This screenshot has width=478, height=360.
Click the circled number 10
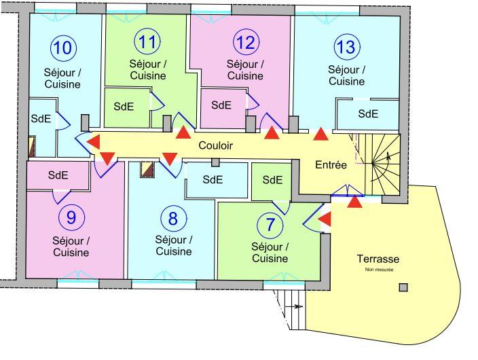click(65, 48)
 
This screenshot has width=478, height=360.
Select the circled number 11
click(147, 41)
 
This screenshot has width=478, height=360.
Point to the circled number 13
click(346, 47)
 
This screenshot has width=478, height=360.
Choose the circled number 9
click(71, 218)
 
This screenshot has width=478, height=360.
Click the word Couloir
click(216, 145)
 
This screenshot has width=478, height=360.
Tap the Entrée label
click(331, 164)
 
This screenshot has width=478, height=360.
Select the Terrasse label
click(378, 259)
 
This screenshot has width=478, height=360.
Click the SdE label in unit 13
click(368, 113)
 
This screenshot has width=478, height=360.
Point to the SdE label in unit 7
click(272, 180)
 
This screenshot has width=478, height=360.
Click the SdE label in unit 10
click(40, 118)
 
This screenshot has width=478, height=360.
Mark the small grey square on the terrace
click(403, 287)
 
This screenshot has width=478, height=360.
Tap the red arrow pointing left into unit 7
click(325, 219)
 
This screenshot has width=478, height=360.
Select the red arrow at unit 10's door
click(94, 141)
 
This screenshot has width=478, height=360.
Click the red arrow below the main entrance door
click(354, 202)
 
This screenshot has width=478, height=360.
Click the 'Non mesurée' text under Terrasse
click(378, 270)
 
